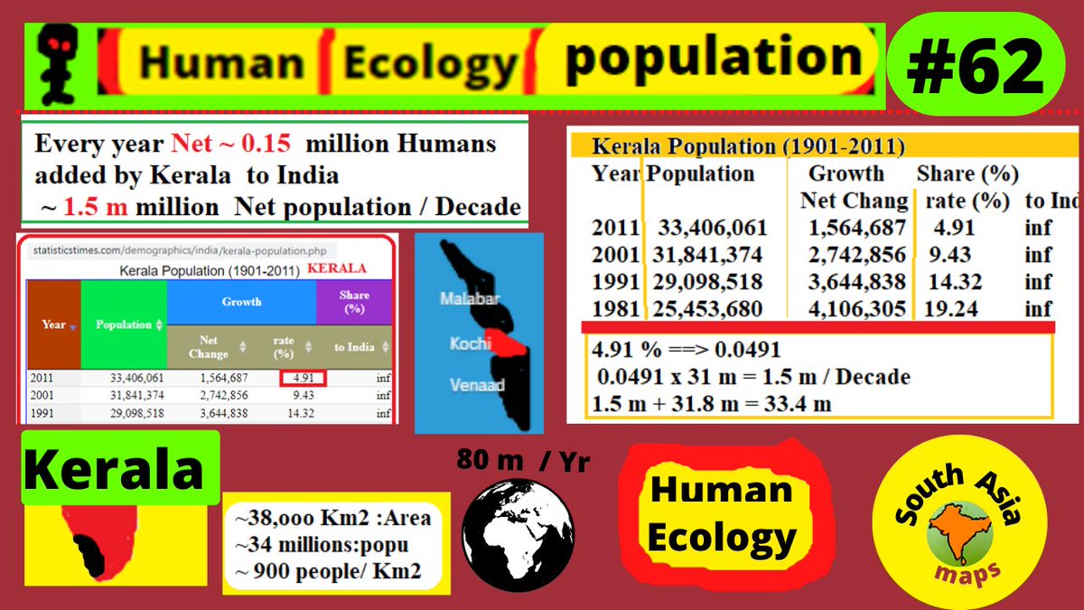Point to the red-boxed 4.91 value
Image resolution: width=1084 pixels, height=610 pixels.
coord(303,378)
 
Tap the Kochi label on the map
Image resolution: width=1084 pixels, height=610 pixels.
coord(470,343)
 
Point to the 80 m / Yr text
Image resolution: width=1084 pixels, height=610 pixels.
coord(522,461)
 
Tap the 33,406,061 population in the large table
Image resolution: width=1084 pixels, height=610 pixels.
coord(712,228)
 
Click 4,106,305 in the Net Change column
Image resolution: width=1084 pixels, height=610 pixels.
coord(853,309)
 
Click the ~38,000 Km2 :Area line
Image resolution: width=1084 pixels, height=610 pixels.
coord(332,518)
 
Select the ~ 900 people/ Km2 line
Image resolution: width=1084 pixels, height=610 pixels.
coord(331,571)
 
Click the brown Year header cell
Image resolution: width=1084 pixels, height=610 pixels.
coord(53,324)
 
